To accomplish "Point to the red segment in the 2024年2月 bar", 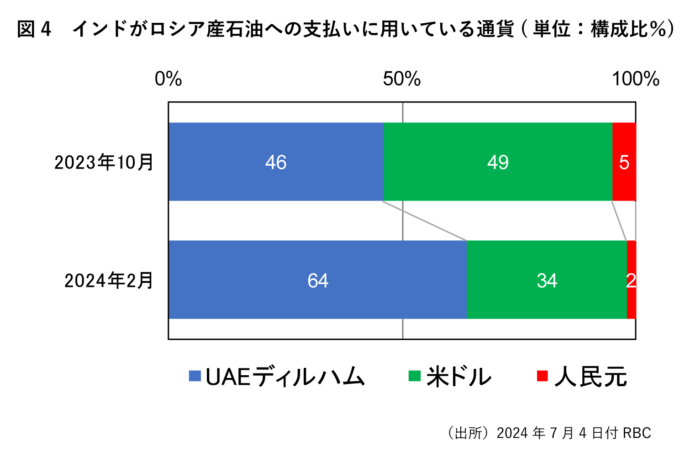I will [632, 302].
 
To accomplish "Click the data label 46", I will [276, 162].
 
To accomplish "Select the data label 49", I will [498, 162].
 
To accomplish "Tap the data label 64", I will [318, 281].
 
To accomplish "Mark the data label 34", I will [547, 281].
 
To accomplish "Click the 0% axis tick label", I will [168, 79].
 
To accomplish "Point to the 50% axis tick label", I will [402, 79].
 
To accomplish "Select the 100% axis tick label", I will [636, 79].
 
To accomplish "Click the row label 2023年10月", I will [104, 162].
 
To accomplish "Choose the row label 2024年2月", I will [109, 281].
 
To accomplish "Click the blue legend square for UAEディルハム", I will [195, 376].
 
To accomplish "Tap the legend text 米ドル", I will [459, 377].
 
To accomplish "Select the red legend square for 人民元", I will [542, 376].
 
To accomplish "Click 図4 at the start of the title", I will [34, 29].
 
